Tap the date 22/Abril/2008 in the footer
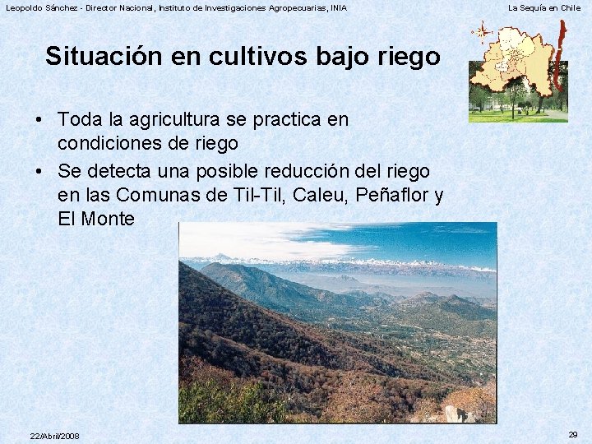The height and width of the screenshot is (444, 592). tap(54, 436)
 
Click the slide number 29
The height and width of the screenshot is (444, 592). tap(572, 434)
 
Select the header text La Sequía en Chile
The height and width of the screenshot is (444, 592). tap(544, 8)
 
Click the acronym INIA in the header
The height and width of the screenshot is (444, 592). tap(337, 8)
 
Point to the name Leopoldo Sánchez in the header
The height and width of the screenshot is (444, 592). tap(41, 8)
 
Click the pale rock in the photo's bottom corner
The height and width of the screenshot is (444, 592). tap(453, 413)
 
